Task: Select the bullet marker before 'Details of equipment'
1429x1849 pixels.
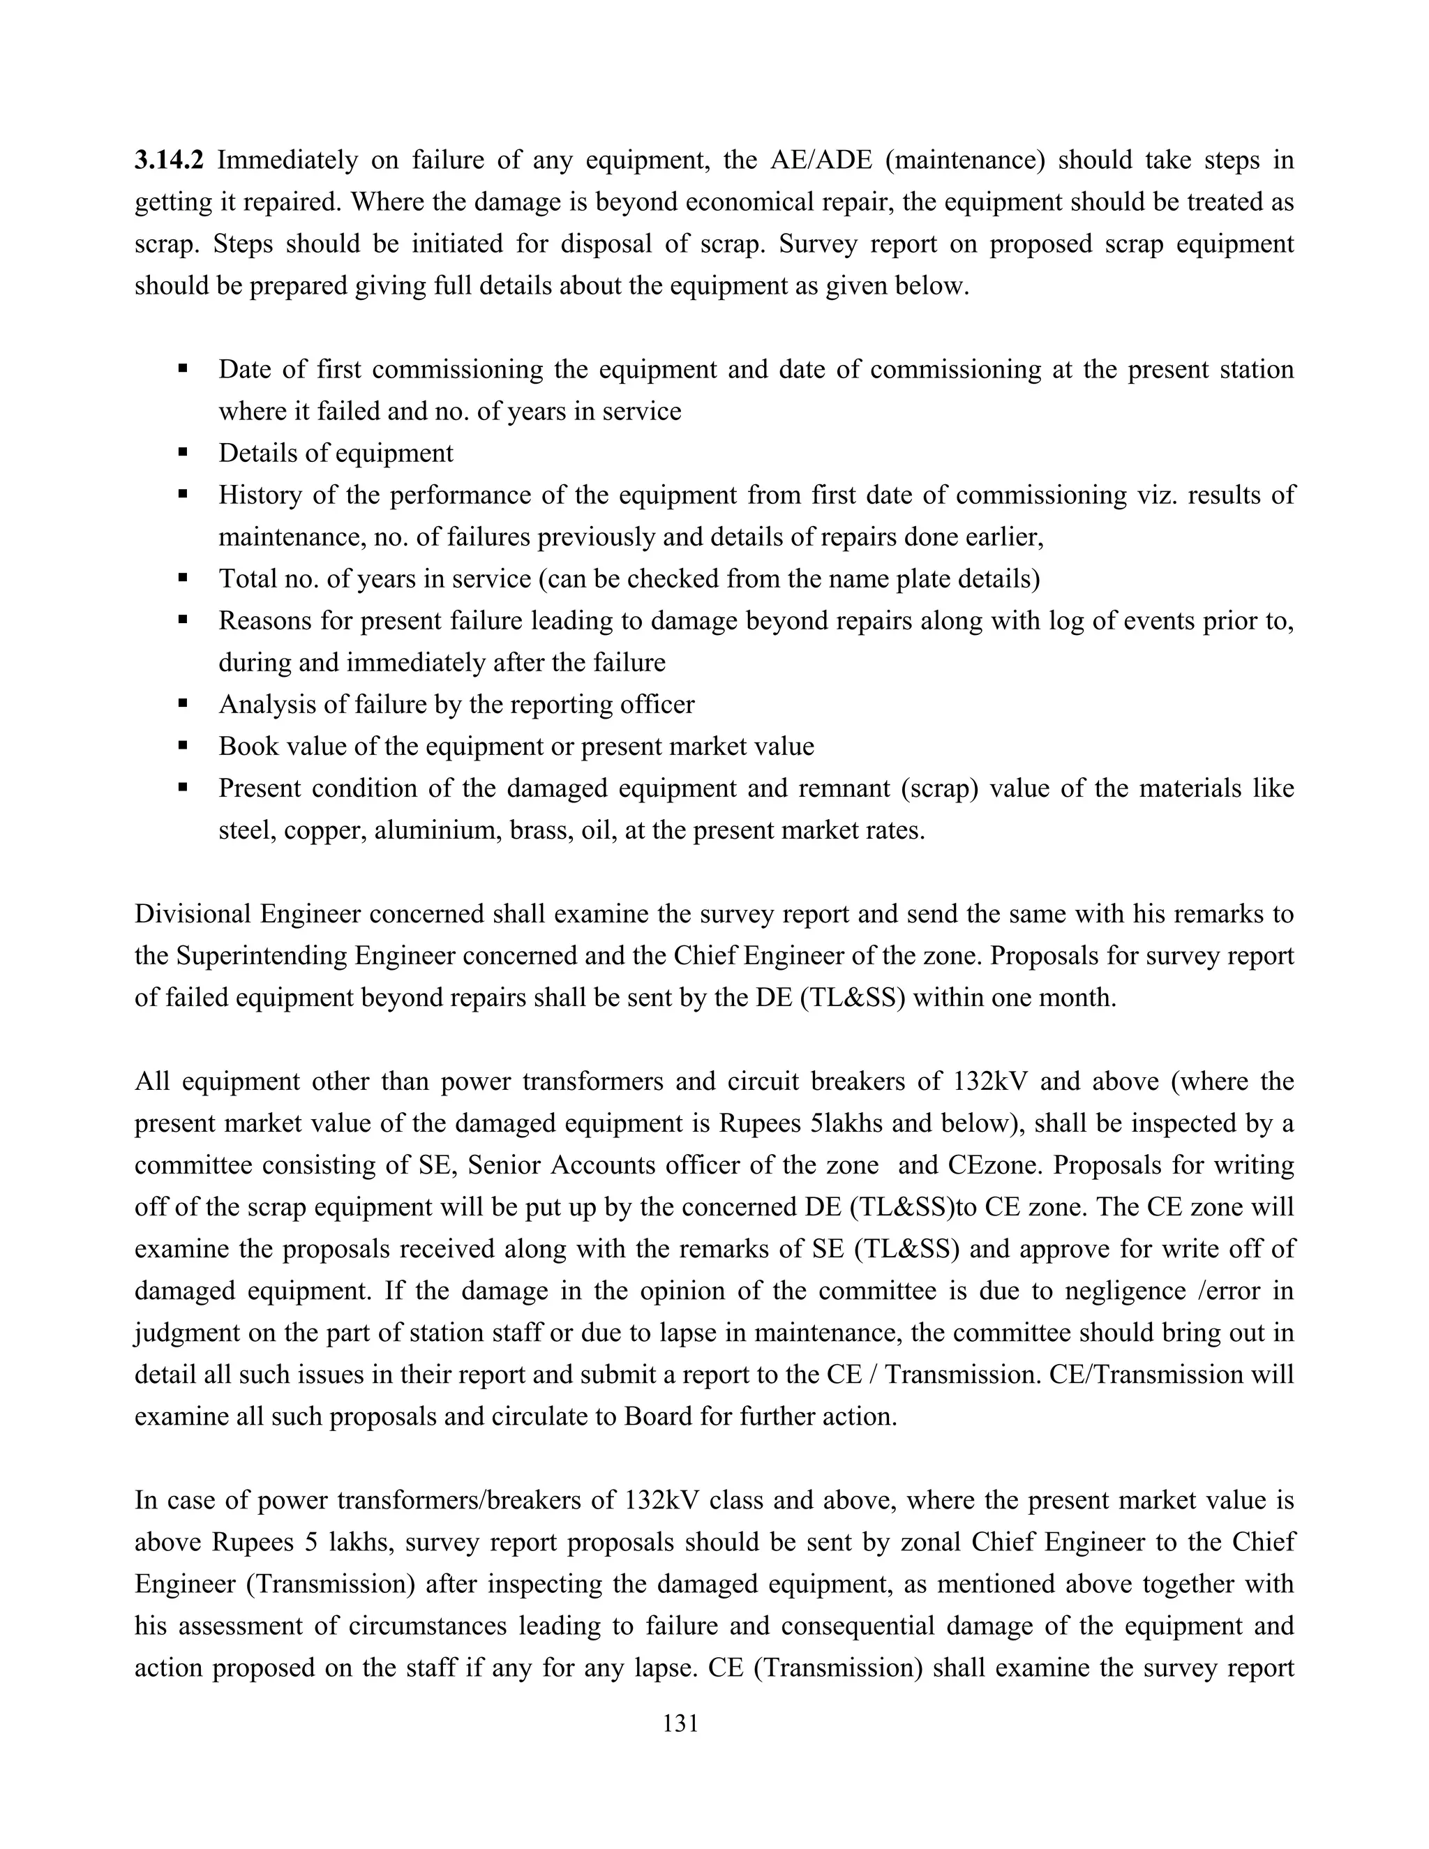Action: [182, 452]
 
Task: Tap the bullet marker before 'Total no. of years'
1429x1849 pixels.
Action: [182, 578]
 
